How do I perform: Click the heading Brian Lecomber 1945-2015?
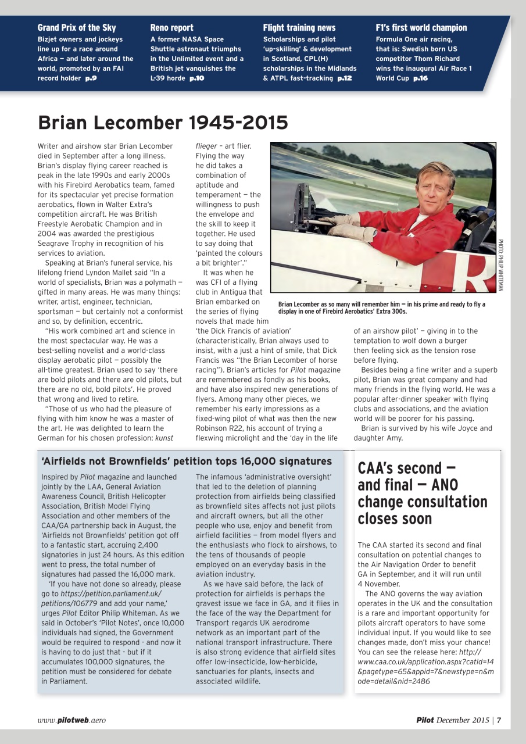tap(163, 123)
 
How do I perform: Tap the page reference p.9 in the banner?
tap(91, 78)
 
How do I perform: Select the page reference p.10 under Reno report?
tap(196, 78)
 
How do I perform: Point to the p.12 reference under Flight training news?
tap(345, 78)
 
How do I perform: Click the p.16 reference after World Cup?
tap(420, 78)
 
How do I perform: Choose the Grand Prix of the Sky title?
tap(77, 28)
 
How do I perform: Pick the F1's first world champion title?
tap(421, 28)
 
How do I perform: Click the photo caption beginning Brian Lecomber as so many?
tap(381, 307)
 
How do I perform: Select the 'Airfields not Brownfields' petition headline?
tap(187, 462)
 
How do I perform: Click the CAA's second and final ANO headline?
tap(423, 493)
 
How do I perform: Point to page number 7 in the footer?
tap(499, 720)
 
